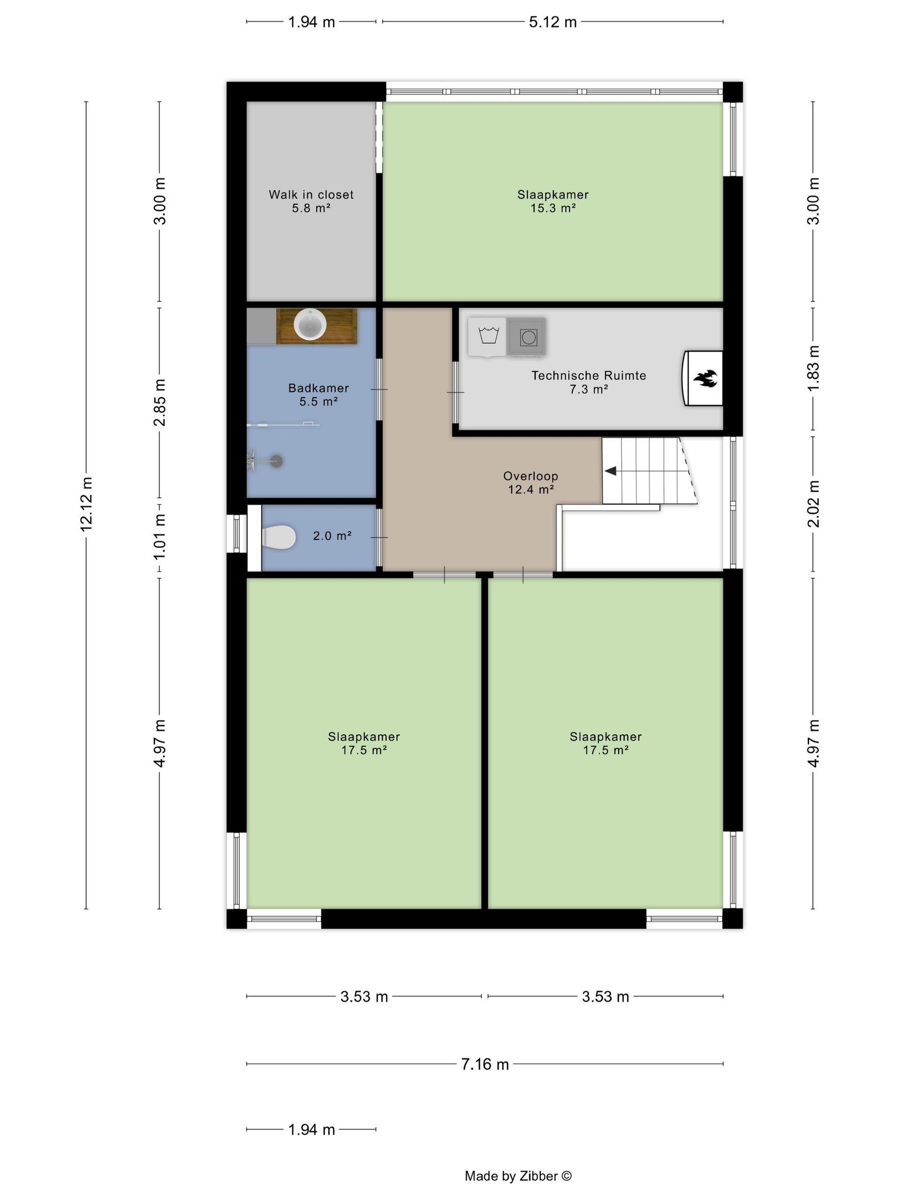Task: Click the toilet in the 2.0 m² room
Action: click(x=279, y=537)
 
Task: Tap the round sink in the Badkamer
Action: click(x=310, y=325)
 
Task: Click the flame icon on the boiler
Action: click(x=705, y=378)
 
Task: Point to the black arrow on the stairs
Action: click(x=610, y=471)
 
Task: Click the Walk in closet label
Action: click(x=311, y=194)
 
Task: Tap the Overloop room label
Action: click(x=531, y=476)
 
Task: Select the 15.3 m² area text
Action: click(x=553, y=208)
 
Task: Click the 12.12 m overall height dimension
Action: click(x=86, y=504)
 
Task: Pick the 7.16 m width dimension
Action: click(x=485, y=1064)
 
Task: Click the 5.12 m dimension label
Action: click(x=553, y=22)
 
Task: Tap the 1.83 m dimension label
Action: click(x=813, y=368)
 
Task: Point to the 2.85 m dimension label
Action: click(x=160, y=402)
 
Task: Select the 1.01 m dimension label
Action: click(x=160, y=537)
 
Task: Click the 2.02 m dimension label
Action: click(x=813, y=503)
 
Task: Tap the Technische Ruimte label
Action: click(x=589, y=375)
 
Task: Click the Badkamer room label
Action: click(x=319, y=387)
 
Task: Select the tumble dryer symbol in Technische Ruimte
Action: click(x=527, y=337)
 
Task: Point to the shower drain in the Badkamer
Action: click(x=277, y=461)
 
